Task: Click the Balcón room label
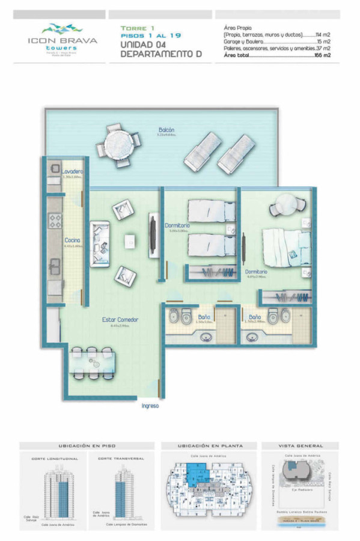(166, 130)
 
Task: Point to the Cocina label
(72, 240)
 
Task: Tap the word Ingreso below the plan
(150, 406)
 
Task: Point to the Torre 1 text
(138, 28)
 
